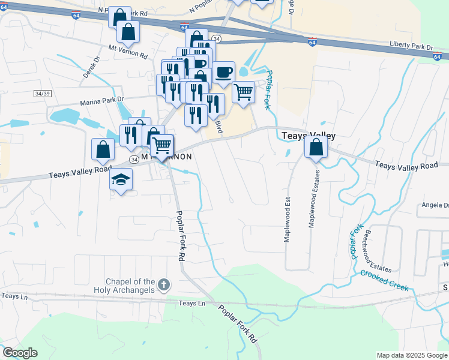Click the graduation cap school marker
(121, 179)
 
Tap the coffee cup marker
(223, 73)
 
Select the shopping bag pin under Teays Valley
(316, 147)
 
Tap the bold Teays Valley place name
(308, 136)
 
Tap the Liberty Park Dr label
(411, 46)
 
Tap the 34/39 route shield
(43, 94)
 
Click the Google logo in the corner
(20, 353)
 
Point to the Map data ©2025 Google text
(411, 355)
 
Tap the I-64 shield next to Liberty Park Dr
(436, 56)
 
